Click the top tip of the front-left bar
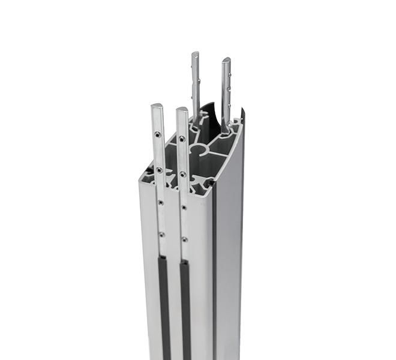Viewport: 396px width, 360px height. (x=157, y=107)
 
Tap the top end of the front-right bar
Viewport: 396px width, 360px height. (x=181, y=110)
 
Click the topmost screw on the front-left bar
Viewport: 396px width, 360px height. (x=157, y=134)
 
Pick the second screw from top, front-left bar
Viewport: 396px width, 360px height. (x=159, y=170)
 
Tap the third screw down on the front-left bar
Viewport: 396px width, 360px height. (x=161, y=203)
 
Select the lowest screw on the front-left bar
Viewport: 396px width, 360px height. (x=162, y=235)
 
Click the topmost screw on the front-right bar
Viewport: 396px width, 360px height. (x=182, y=139)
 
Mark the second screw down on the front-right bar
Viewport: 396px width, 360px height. (x=183, y=175)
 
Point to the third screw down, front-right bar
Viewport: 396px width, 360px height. (x=184, y=207)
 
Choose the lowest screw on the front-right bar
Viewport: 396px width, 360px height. (x=185, y=239)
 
